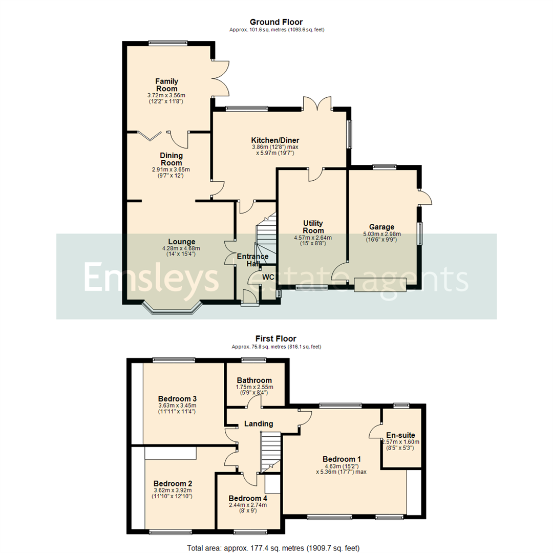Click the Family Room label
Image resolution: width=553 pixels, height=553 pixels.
pyautogui.click(x=166, y=85)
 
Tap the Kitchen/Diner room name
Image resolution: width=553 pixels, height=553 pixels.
pyautogui.click(x=275, y=140)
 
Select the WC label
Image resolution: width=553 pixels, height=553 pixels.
pyautogui.click(x=268, y=277)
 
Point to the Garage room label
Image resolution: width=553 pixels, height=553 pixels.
pyautogui.click(x=382, y=227)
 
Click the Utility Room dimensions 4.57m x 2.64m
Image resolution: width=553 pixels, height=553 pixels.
pyautogui.click(x=312, y=238)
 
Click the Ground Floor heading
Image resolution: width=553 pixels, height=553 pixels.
pyautogui.click(x=276, y=22)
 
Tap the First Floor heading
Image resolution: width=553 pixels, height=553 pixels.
pyautogui.click(x=276, y=338)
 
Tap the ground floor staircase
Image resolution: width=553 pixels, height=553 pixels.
pyautogui.click(x=266, y=233)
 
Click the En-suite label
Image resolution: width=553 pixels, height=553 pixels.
pyautogui.click(x=401, y=435)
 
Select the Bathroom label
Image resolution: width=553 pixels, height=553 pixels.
pyautogui.click(x=254, y=380)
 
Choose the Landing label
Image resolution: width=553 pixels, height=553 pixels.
pyautogui.click(x=258, y=423)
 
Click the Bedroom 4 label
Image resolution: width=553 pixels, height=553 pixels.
pyautogui.click(x=248, y=498)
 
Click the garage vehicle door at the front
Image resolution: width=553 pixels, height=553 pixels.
pyautogui.click(x=380, y=285)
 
